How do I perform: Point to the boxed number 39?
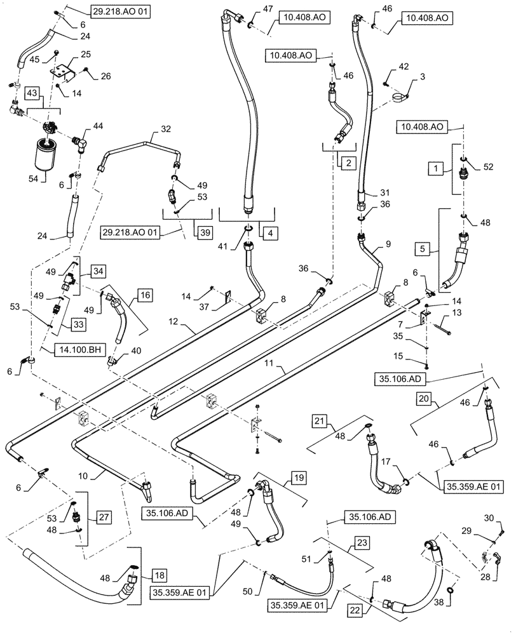click(205, 232)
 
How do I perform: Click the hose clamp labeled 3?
click(399, 97)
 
